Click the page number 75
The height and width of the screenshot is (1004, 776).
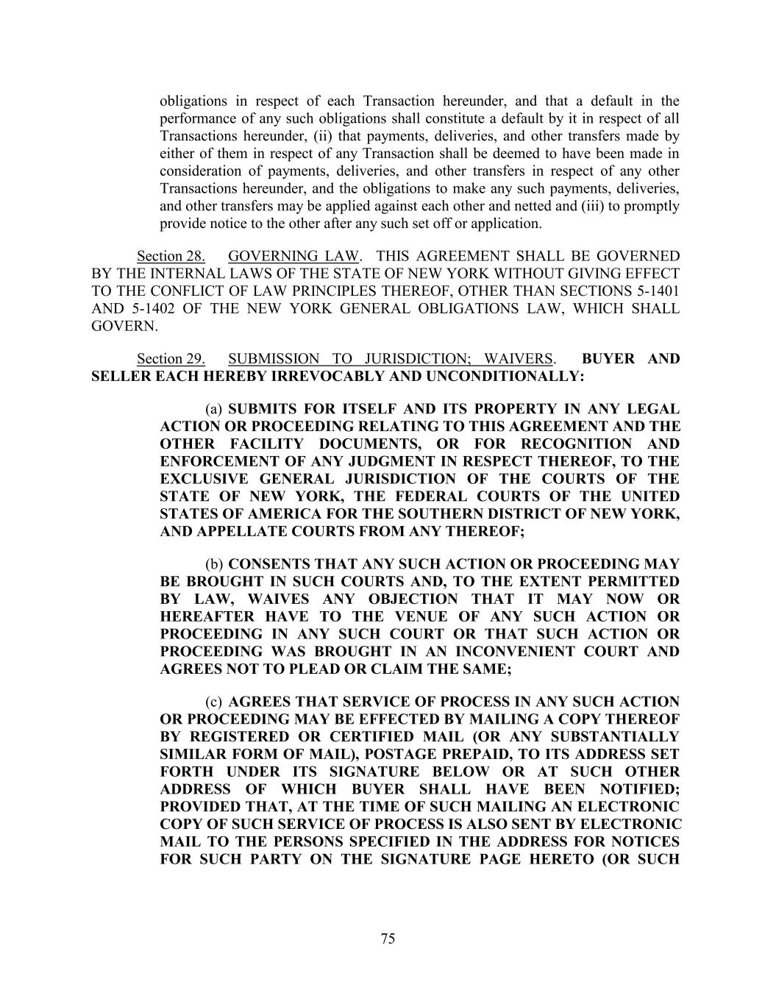click(x=388, y=938)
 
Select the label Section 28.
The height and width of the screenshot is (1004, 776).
click(x=171, y=256)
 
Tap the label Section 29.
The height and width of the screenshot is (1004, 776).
click(x=171, y=359)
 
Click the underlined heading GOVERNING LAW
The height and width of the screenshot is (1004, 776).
click(x=293, y=256)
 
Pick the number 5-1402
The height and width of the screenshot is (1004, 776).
click(x=146, y=308)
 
